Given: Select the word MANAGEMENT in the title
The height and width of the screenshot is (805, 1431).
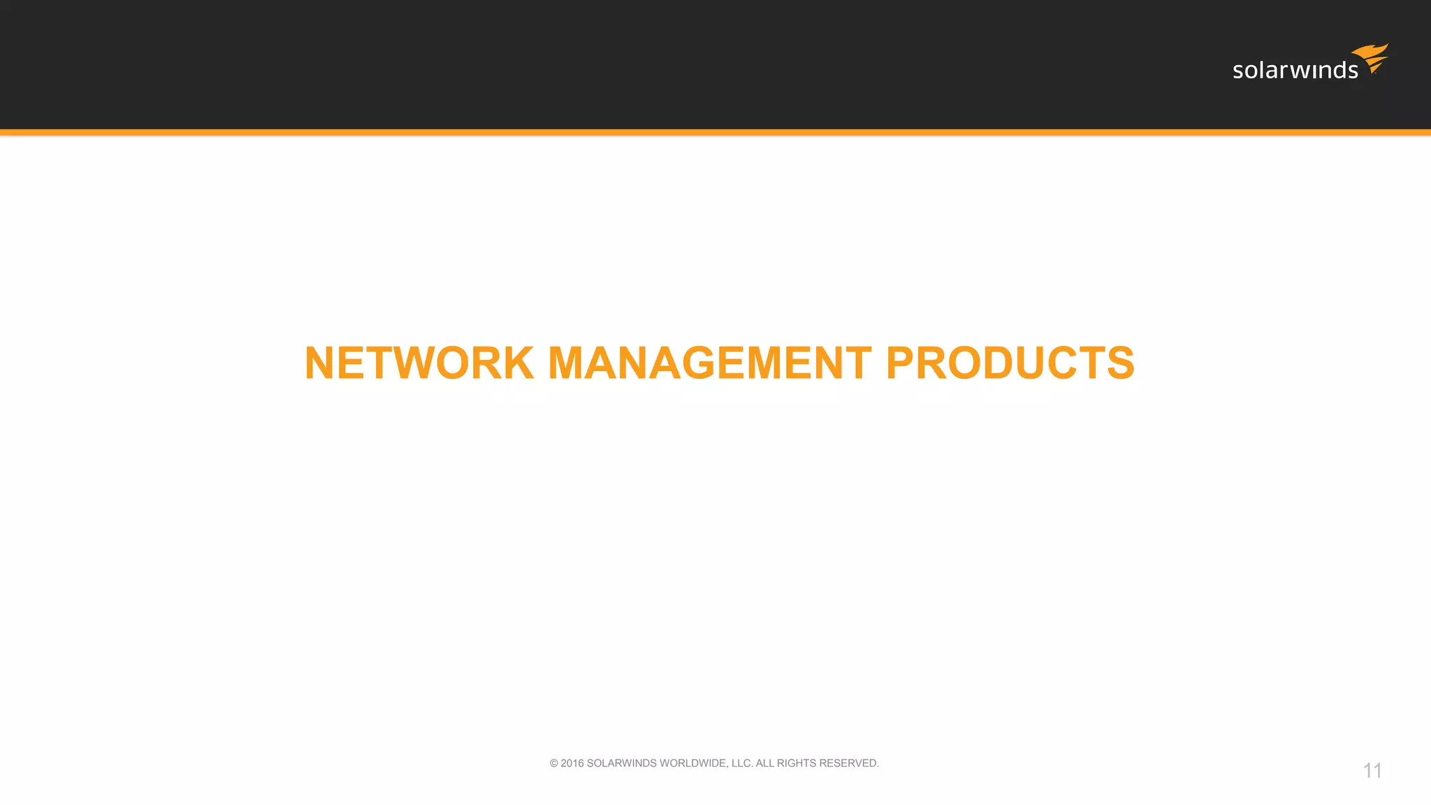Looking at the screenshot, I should click(709, 363).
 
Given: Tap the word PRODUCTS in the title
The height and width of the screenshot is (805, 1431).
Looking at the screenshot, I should click(1010, 363).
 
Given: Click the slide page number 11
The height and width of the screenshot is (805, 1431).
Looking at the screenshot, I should click(1372, 771).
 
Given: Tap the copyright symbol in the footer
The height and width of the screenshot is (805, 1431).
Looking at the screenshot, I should click(554, 764).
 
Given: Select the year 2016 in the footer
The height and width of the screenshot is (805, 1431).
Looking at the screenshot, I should click(572, 764).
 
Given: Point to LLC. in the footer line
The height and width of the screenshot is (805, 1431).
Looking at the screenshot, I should click(742, 764).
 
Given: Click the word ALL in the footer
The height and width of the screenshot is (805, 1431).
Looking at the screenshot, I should click(765, 764).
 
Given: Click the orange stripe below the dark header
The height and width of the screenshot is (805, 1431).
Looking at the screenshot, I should click(715, 132).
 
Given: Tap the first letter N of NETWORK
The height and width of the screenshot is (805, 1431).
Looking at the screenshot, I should click(321, 363).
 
